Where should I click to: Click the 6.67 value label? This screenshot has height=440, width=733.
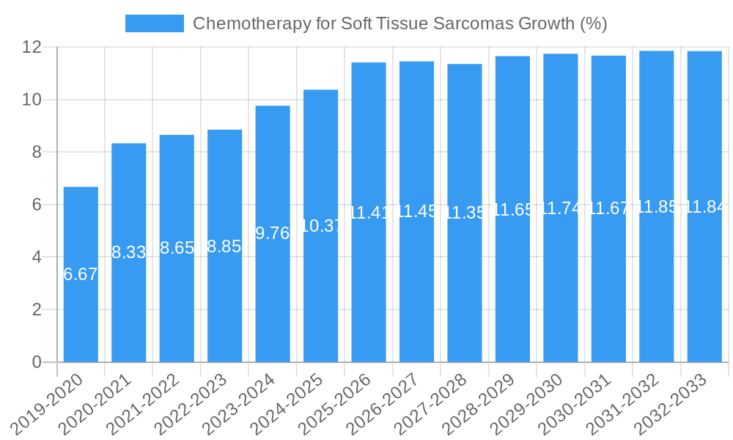(81, 274)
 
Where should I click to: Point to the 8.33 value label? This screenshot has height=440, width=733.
(129, 252)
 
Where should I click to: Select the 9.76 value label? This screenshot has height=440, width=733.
(273, 233)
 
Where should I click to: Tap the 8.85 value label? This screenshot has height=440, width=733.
(224, 246)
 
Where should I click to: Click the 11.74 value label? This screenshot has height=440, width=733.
(561, 208)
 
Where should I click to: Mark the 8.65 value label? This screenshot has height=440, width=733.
(177, 248)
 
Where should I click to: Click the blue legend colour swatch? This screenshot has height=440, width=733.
(154, 23)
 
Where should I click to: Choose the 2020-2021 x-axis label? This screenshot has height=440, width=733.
(95, 404)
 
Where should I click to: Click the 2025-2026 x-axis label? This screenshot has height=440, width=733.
(335, 404)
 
